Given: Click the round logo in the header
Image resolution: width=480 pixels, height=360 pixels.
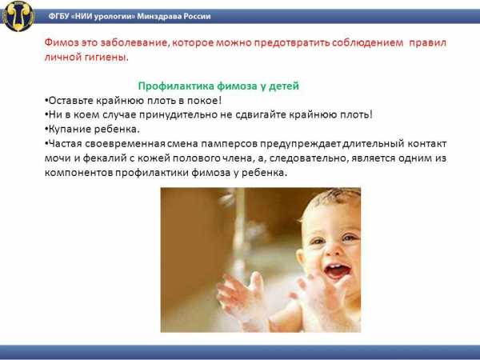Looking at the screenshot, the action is tap(18, 16).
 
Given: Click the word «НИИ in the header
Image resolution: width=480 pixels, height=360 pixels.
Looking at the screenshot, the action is tap(82, 16).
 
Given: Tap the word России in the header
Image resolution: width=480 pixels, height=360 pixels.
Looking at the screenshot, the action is tap(197, 16).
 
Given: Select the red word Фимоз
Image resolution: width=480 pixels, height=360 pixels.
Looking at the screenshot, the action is tap(62, 42).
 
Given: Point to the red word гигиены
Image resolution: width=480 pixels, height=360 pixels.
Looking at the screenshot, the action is tap(107, 57).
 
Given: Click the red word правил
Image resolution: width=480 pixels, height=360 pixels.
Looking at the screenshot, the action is tap(428, 42).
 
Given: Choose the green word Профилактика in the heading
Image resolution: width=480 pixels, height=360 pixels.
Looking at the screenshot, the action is tap(176, 86).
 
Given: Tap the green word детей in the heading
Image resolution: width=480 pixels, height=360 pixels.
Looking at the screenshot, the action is tap(284, 86).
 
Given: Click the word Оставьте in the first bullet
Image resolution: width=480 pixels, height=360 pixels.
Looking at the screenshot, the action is tap(70, 101).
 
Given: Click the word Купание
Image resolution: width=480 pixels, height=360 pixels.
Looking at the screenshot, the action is tap(69, 129).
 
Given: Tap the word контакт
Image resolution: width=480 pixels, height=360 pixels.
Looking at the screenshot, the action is tap(427, 143).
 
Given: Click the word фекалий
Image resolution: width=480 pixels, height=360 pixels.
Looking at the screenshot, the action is tap(105, 158).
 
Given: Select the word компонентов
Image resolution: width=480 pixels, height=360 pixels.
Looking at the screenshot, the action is tap(79, 173).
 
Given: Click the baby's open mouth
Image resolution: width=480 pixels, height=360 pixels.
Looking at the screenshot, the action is tap(337, 271).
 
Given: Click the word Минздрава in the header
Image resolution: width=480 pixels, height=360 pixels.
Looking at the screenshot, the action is tap(159, 16).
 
